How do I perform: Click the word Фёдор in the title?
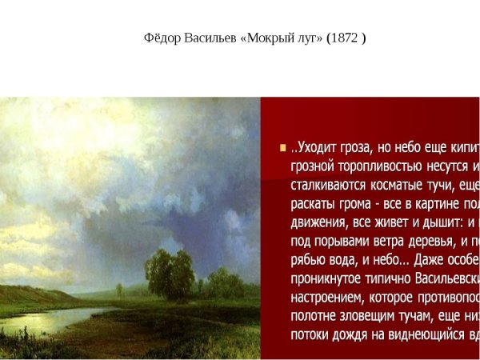162,38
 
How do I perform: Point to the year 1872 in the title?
346,38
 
